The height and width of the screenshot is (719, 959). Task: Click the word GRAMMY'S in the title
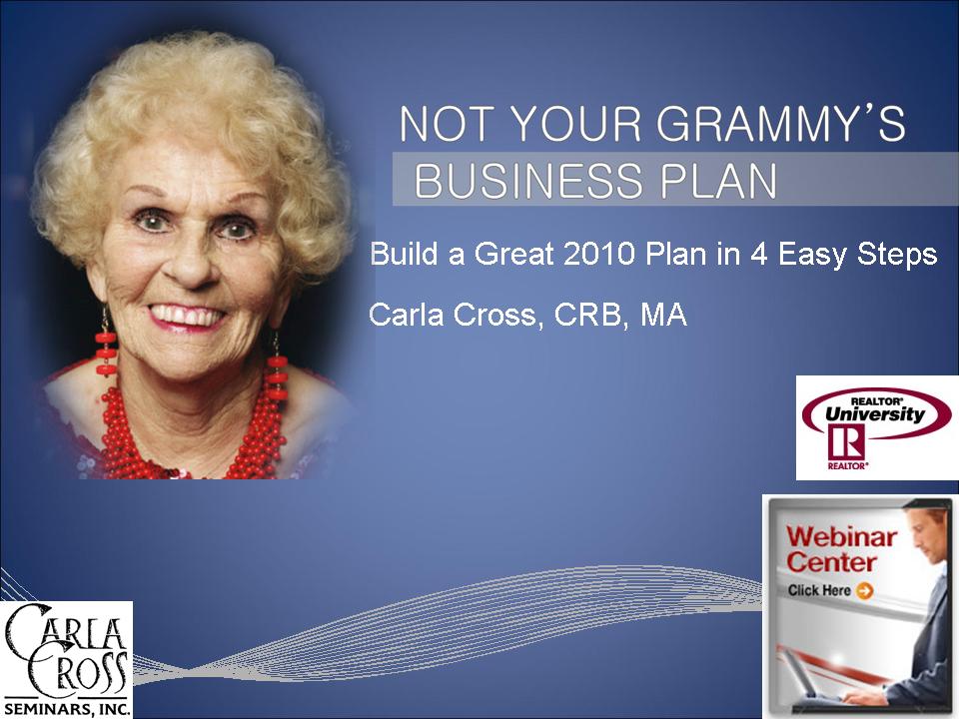pos(781,124)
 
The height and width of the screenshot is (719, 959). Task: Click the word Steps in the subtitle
pos(897,255)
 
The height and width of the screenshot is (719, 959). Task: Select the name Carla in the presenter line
pos(407,315)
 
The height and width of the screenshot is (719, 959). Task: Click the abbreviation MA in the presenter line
pos(663,315)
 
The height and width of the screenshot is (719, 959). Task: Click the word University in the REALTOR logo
pos(875,414)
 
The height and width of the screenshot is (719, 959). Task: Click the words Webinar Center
pos(840,549)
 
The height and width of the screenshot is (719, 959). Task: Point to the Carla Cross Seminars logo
pos(66,659)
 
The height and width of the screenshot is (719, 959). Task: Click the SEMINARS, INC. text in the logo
pos(67,709)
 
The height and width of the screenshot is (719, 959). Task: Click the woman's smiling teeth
pos(187,317)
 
